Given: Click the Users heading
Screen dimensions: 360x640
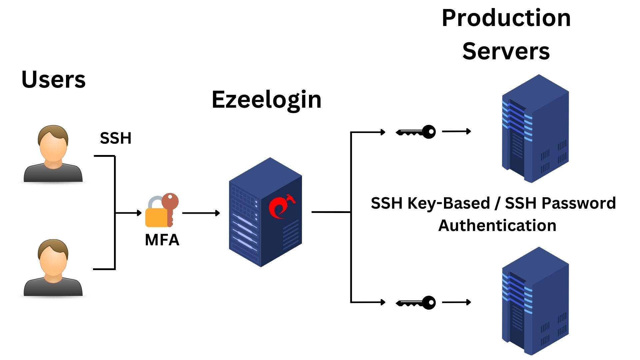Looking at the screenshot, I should coord(53,80).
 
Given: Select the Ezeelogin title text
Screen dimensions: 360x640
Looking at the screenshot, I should coord(266,100).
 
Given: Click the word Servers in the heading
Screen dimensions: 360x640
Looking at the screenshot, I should coord(506,51).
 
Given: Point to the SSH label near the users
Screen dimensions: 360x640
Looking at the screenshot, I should coord(116,138).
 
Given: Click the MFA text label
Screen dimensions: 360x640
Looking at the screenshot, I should coord(162,240).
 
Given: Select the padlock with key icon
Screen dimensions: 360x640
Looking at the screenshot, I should coord(162,210).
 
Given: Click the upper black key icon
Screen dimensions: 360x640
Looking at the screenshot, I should coord(416,132).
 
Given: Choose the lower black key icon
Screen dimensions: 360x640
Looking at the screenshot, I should coord(416,303).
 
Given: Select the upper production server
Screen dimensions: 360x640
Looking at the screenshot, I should coord(535,128).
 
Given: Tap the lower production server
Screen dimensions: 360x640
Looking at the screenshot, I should coord(535,301).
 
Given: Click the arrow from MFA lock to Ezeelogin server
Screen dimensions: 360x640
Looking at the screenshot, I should coord(201,213).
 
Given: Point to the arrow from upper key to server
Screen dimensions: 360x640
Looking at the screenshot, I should coord(456,131).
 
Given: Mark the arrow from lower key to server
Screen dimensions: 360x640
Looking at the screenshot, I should coord(456,302).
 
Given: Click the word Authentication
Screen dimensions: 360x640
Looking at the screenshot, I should coord(497,226).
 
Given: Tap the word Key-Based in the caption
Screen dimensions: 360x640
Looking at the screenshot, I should coord(449,203).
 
